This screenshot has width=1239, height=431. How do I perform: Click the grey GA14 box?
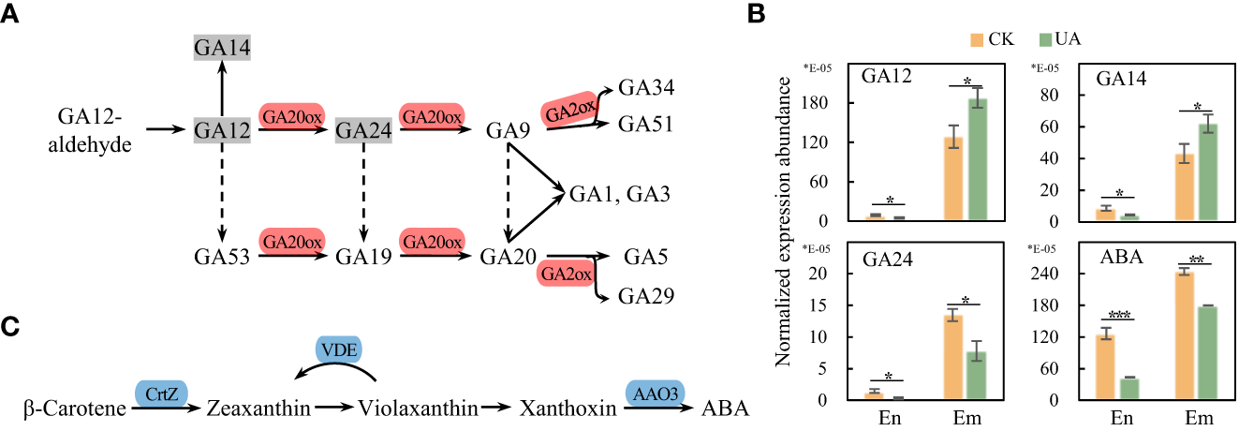click(222, 47)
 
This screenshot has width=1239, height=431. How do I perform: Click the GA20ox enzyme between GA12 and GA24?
click(291, 117)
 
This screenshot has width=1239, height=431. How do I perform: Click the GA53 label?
click(222, 255)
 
